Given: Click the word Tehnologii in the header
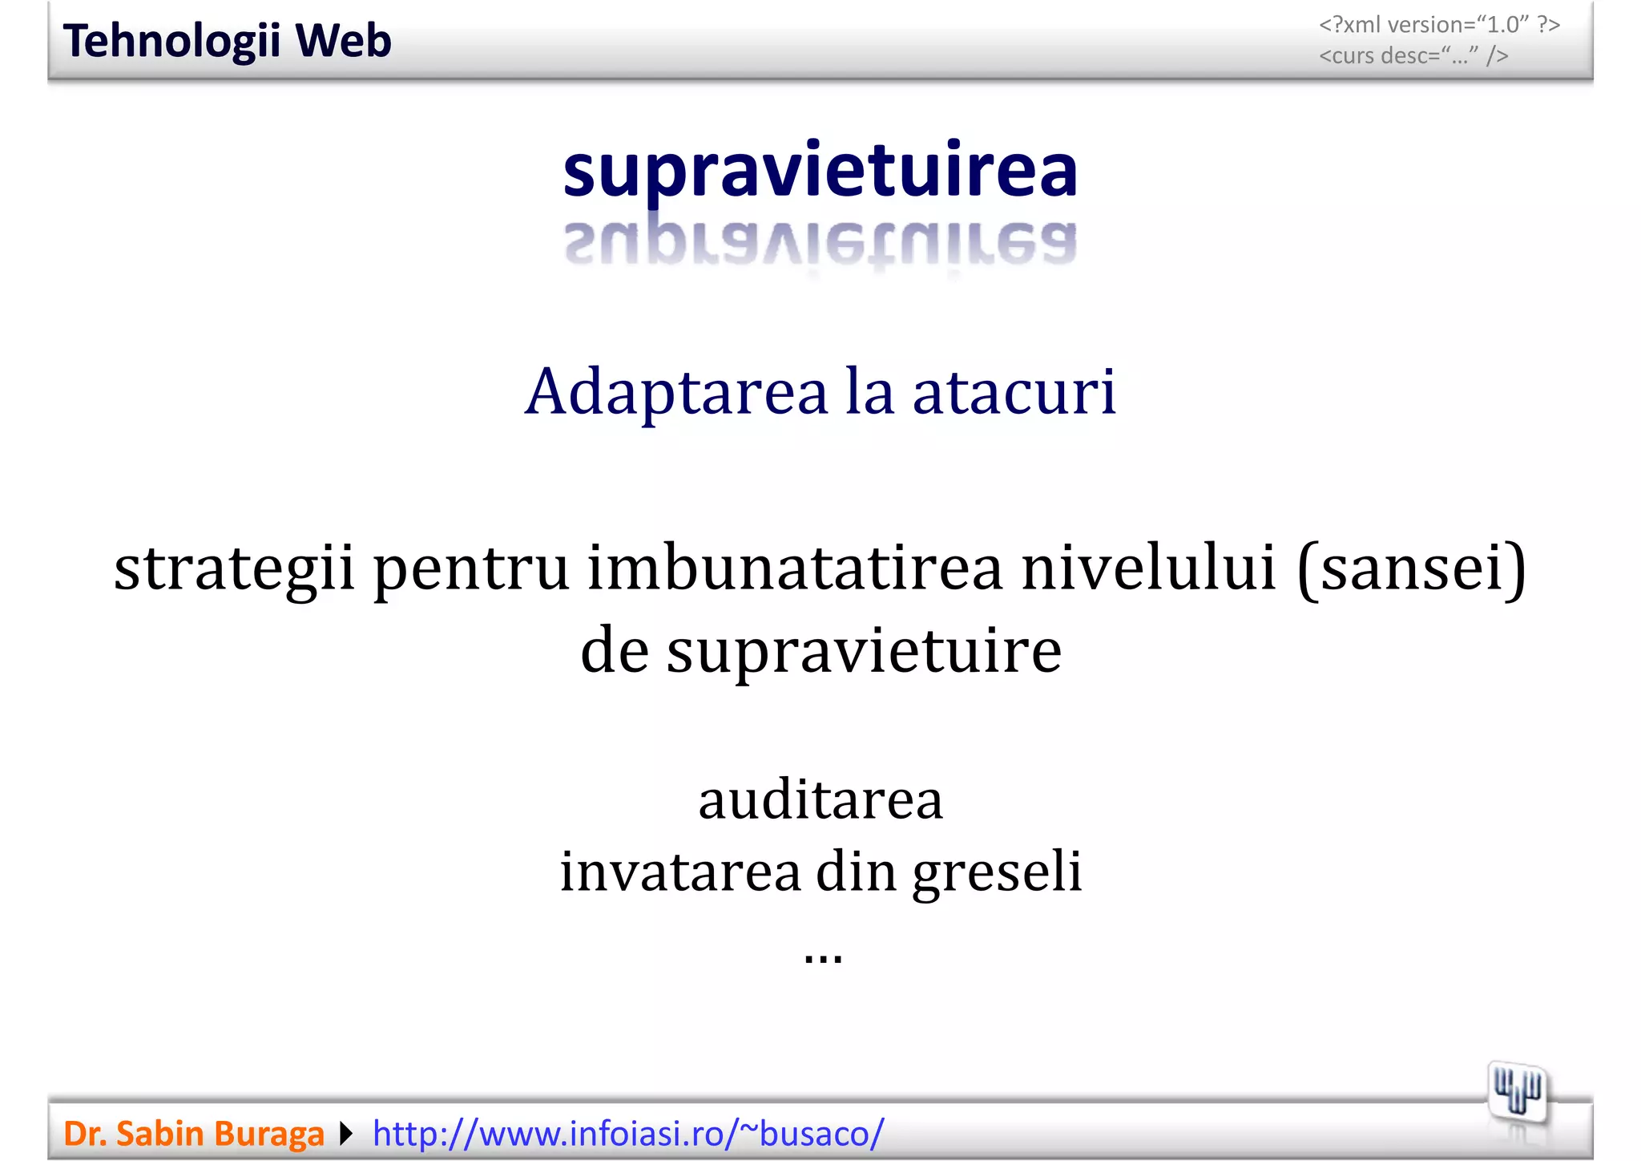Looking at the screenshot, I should click(171, 42).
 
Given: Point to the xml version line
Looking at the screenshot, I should click(1439, 25).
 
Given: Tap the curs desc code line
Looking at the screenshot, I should click(1413, 56).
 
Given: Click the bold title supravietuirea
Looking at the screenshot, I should click(820, 172).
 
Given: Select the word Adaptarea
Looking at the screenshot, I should click(676, 393).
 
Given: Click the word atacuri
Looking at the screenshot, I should click(1014, 393).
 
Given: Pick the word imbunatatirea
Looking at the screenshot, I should click(795, 568).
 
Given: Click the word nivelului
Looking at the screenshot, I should click(1148, 568).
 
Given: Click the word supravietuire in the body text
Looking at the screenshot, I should click(864, 651).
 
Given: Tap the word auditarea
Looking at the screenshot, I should click(820, 800).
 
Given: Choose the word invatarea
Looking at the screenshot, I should click(679, 872).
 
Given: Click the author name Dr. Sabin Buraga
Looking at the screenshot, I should click(194, 1134).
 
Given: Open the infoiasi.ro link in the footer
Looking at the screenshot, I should click(628, 1134).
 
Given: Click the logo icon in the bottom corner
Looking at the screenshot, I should click(1517, 1092).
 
